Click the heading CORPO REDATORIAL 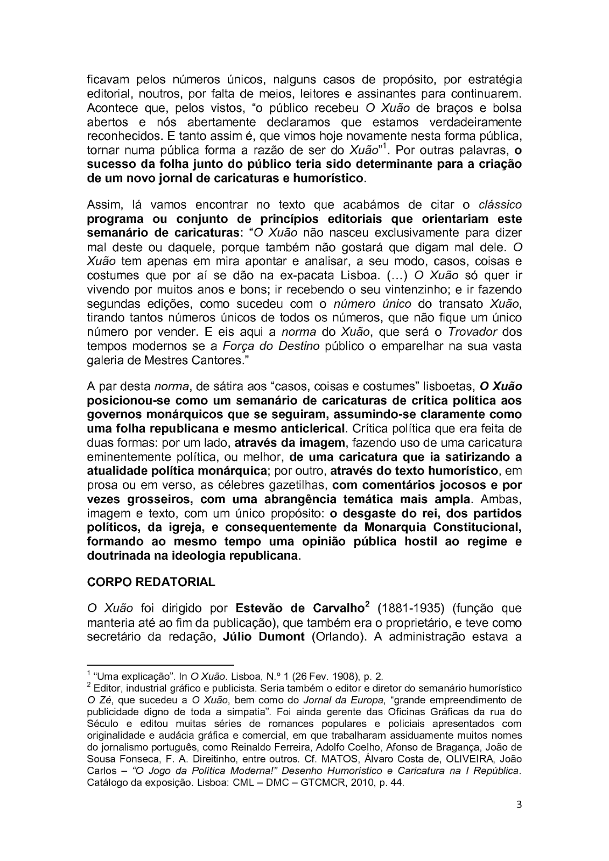point(151,582)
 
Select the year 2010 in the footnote point(353,783)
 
